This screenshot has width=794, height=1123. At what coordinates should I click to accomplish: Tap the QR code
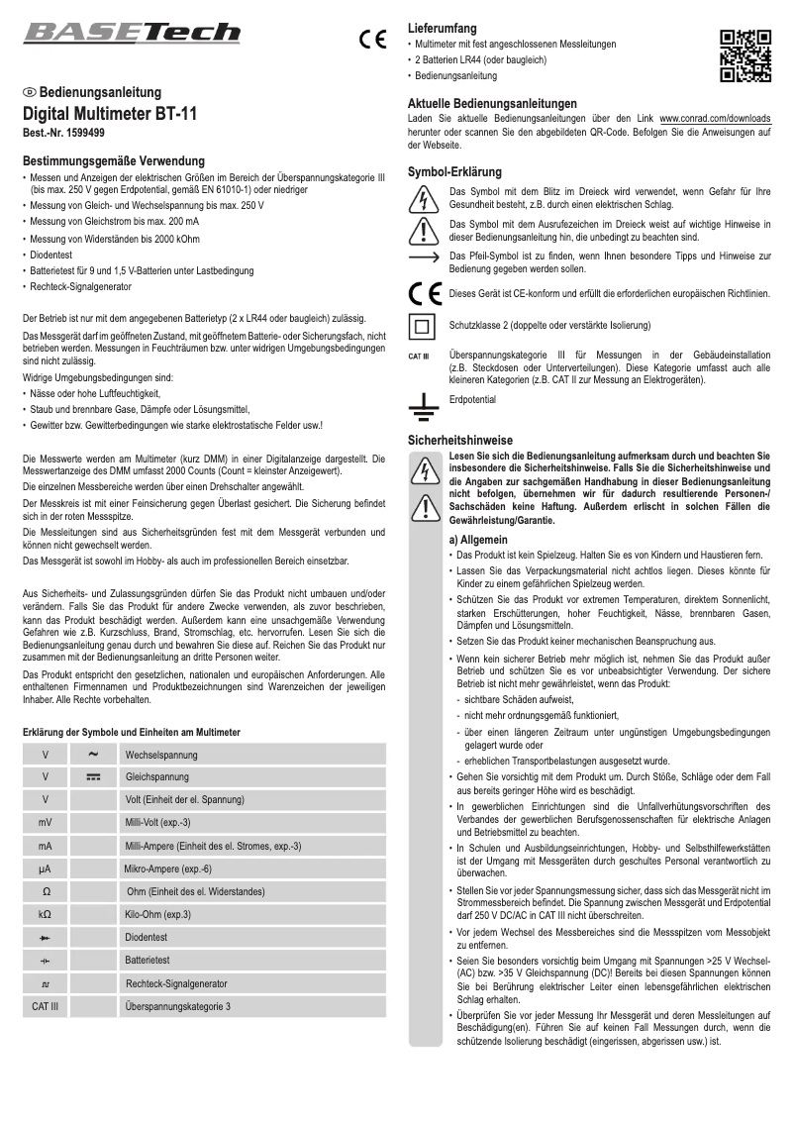point(745,55)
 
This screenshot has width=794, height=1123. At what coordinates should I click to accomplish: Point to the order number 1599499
point(64,132)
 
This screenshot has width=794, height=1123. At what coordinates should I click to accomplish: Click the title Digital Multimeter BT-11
point(110,114)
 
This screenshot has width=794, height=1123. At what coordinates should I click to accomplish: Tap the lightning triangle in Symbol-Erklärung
point(424,198)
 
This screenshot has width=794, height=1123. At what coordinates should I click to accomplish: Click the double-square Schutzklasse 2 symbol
point(423,325)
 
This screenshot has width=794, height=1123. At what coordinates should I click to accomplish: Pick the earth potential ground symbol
point(424,403)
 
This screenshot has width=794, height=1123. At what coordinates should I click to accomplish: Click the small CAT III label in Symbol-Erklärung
point(419,356)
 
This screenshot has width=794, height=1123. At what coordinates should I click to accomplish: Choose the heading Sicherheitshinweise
point(460,439)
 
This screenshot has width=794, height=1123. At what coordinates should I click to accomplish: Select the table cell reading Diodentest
point(146,937)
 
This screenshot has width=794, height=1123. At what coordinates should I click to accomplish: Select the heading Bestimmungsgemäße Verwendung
point(114,160)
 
